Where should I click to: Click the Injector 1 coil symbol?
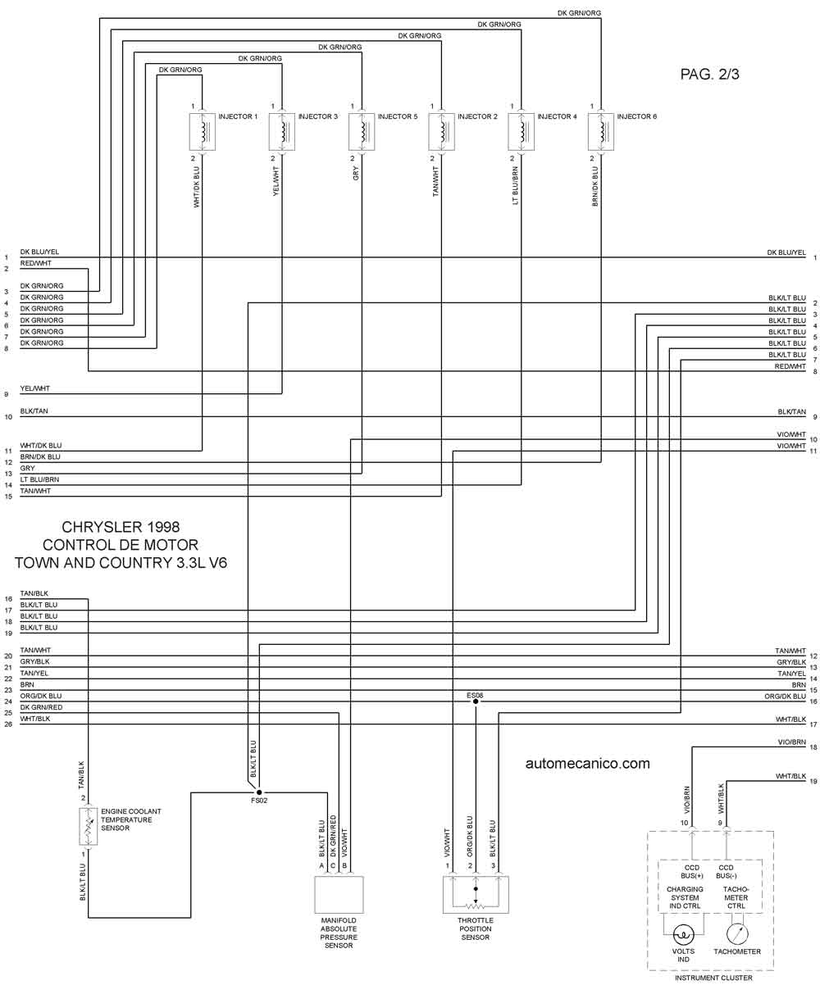(x=202, y=132)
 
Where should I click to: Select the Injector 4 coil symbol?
(x=522, y=132)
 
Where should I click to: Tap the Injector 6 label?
(x=636, y=116)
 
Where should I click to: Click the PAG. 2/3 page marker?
(x=709, y=74)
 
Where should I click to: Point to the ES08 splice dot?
(x=476, y=701)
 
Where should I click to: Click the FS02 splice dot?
(x=259, y=792)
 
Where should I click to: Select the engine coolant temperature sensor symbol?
(x=89, y=826)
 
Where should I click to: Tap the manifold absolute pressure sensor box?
(x=339, y=895)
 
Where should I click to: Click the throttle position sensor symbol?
(x=476, y=895)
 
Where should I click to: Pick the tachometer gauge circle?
(x=737, y=933)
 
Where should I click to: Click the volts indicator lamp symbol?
(x=683, y=933)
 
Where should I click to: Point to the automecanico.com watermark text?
(x=587, y=763)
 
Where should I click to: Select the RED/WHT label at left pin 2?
(x=35, y=263)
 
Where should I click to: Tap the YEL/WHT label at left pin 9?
(x=34, y=388)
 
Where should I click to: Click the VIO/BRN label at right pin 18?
(x=791, y=742)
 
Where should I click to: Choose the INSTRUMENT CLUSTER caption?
(x=713, y=978)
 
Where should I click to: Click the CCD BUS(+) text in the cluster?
(x=691, y=872)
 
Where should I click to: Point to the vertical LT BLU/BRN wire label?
(x=516, y=185)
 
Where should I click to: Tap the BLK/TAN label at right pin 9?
(x=791, y=412)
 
